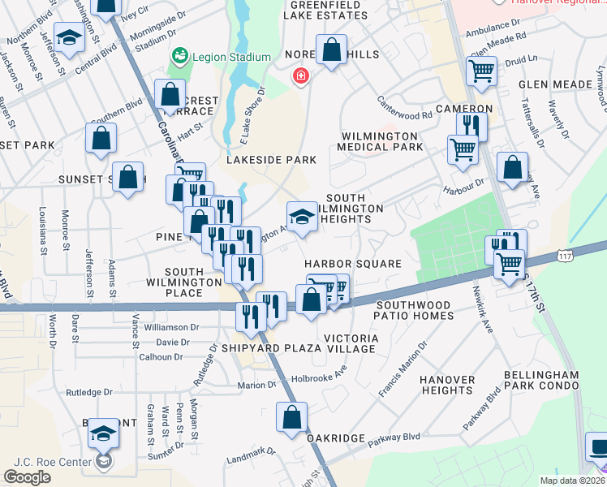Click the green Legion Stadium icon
tap(179, 57)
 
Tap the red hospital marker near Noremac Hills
tap(301, 76)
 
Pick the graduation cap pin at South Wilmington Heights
tap(301, 217)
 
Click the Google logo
tap(28, 476)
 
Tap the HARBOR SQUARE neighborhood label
tap(353, 264)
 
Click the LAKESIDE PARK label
tap(271, 160)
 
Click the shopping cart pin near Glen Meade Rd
tap(481, 71)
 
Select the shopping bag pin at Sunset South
tap(128, 178)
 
